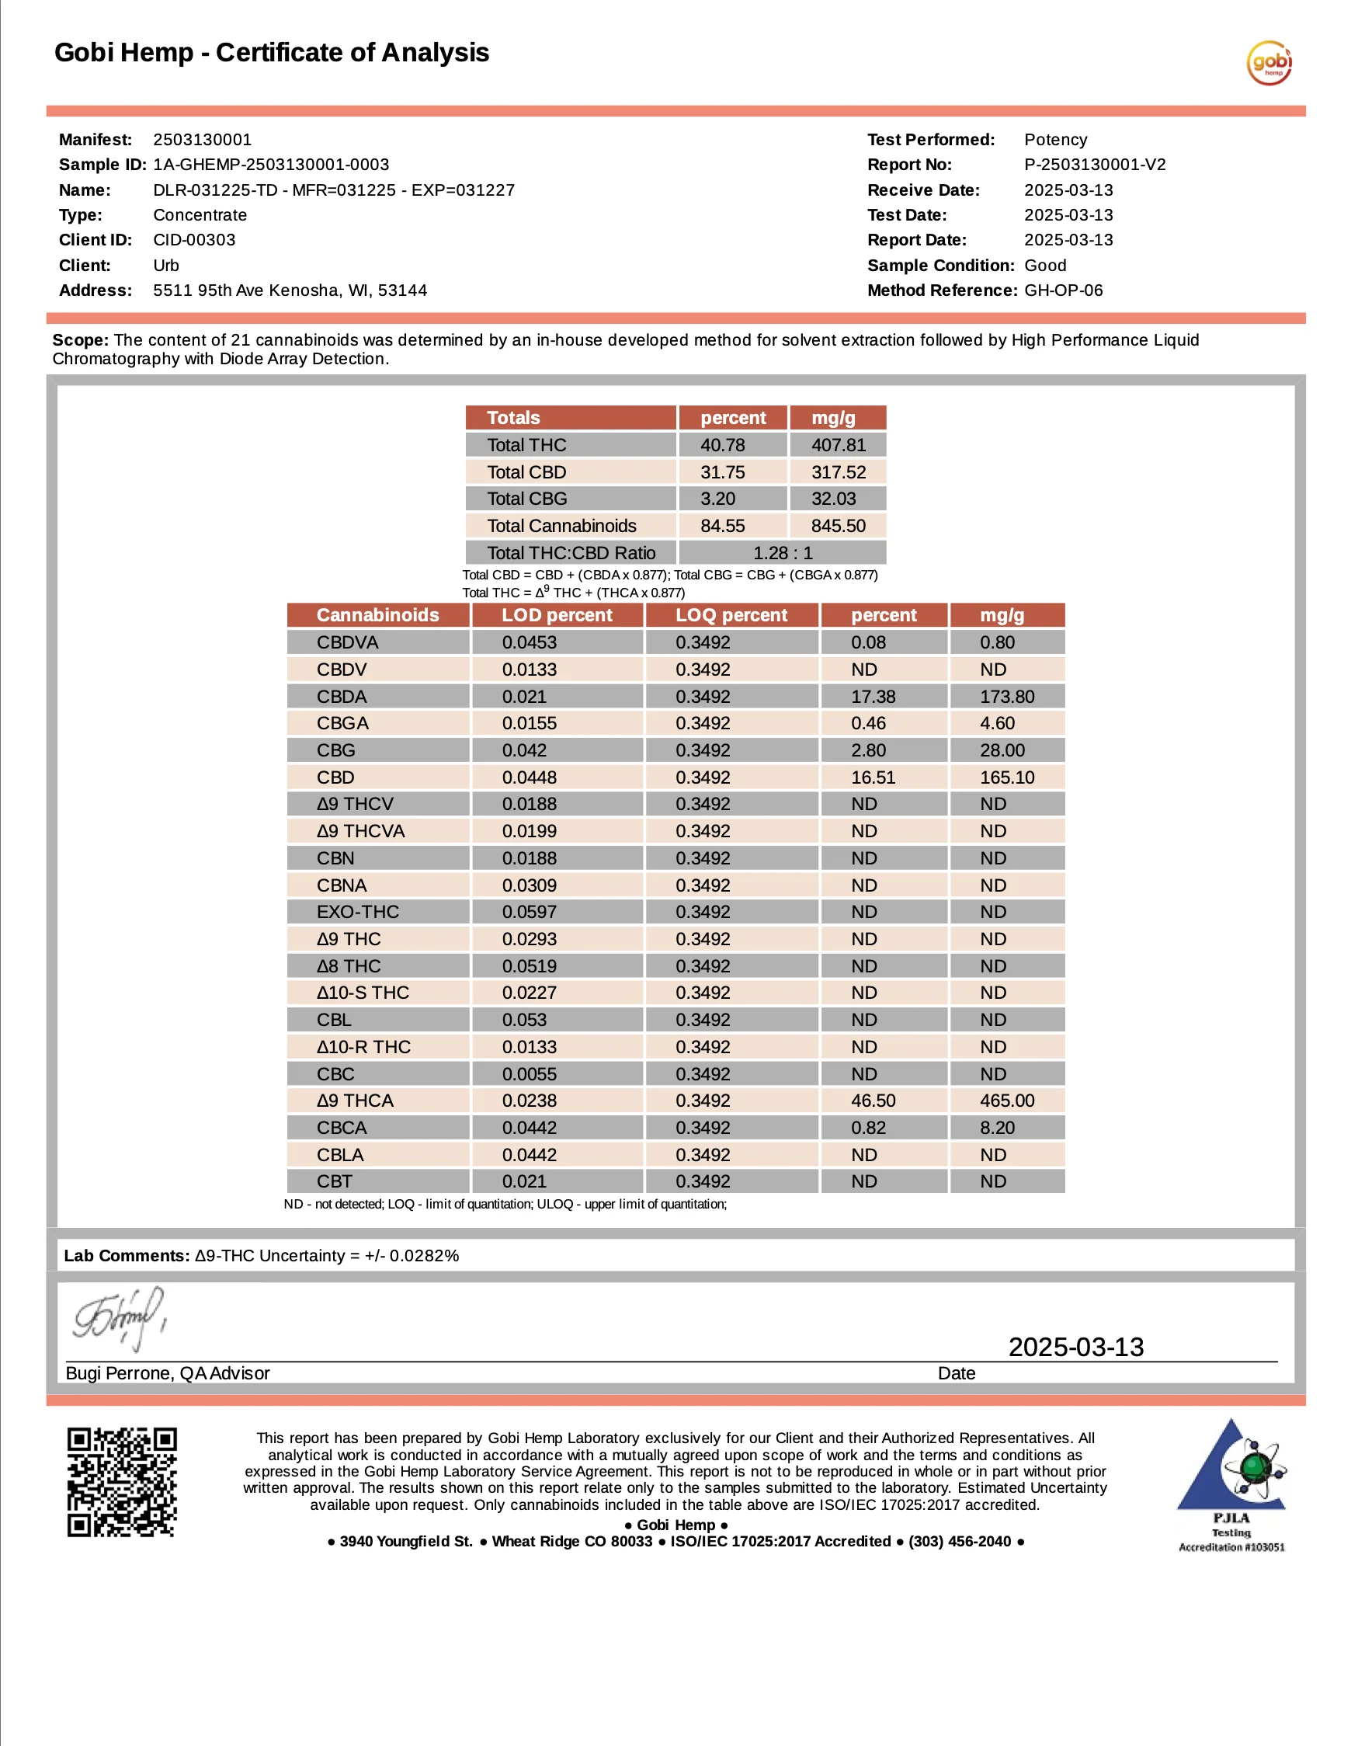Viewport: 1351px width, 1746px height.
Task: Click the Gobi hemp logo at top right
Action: [x=1269, y=63]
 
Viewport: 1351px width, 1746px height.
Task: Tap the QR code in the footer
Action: [x=121, y=1482]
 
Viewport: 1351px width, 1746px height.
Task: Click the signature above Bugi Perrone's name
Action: [x=120, y=1318]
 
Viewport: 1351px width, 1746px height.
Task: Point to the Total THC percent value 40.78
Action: [x=722, y=445]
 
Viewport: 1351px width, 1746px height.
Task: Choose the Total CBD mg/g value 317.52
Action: [x=838, y=472]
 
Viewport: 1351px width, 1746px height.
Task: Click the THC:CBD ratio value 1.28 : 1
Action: [x=782, y=553]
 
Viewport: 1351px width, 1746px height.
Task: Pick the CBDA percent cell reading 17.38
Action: [x=873, y=697]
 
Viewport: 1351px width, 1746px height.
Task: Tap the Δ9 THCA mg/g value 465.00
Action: [x=1006, y=1101]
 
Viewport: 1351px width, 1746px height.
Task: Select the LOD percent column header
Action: [x=557, y=616]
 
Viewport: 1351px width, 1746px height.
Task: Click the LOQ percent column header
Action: [x=731, y=616]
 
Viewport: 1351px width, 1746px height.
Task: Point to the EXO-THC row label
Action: [x=357, y=912]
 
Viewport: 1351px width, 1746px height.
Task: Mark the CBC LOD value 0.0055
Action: [x=529, y=1074]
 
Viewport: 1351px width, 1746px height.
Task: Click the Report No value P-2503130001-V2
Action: [x=1095, y=165]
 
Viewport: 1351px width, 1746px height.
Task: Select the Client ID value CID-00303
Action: [x=194, y=240]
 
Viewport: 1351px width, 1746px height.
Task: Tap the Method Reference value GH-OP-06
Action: [x=1063, y=290]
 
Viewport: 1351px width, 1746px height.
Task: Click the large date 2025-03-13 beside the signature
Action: [x=1075, y=1347]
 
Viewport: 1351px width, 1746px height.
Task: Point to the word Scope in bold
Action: [x=80, y=339]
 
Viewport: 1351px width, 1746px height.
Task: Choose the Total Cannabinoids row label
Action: [x=561, y=526]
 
